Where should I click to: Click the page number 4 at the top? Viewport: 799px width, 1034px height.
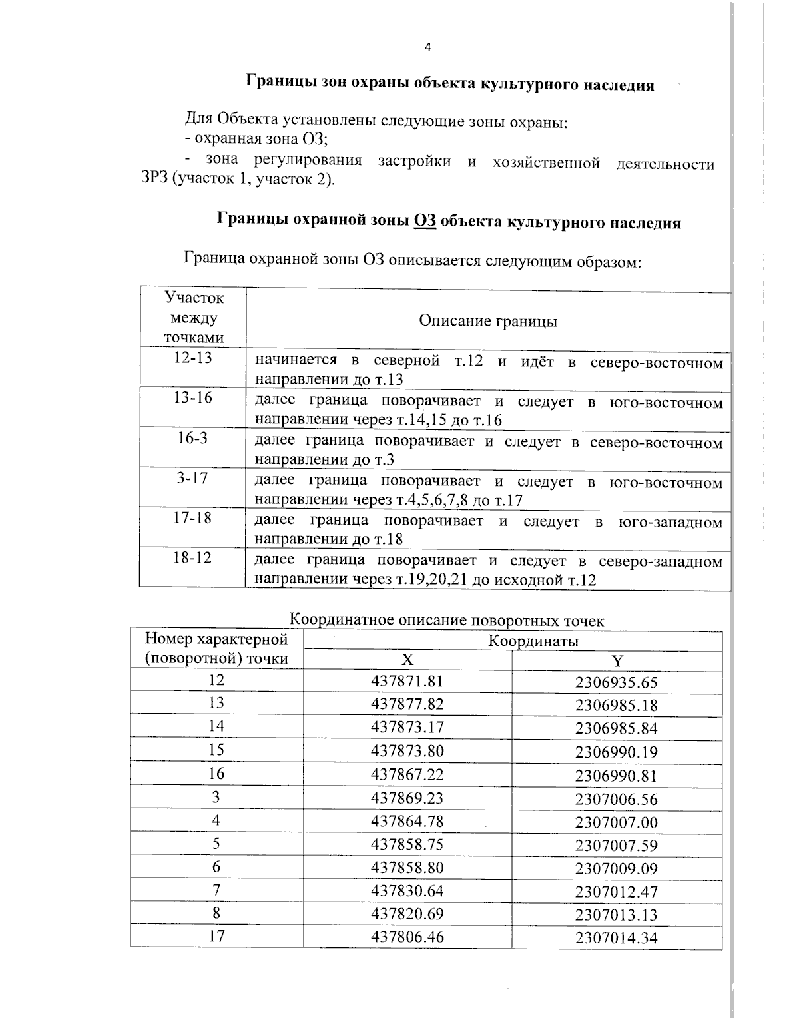coord(427,47)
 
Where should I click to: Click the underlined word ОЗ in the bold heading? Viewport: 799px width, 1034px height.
coord(425,222)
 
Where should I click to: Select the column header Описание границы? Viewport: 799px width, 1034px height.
coord(487,321)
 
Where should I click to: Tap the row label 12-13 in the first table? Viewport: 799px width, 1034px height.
coord(192,358)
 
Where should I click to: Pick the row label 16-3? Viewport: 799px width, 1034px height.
coord(192,438)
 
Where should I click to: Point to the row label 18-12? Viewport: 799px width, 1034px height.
coord(192,557)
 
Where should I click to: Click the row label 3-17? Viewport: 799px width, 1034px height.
coord(192,478)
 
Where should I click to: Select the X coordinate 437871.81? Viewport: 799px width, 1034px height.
coord(407,681)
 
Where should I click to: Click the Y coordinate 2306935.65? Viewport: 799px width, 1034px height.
coord(616,682)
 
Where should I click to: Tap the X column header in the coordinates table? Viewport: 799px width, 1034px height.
coord(407,660)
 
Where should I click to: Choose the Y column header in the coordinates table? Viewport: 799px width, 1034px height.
coord(617,661)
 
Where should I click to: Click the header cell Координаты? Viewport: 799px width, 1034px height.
coord(533,641)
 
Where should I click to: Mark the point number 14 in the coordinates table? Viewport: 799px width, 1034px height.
coord(216,726)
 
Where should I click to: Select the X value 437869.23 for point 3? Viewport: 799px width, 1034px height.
coord(407,798)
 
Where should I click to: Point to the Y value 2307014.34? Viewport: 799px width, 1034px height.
coord(616,939)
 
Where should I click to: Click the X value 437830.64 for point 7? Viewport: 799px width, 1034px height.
coord(407,891)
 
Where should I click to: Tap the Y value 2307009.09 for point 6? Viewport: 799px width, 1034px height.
coord(616,868)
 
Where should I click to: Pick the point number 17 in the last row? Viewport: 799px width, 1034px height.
coord(216,936)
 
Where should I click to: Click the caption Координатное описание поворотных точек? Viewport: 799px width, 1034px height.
coord(447,621)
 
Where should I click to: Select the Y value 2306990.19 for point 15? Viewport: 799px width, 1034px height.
coord(616,752)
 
